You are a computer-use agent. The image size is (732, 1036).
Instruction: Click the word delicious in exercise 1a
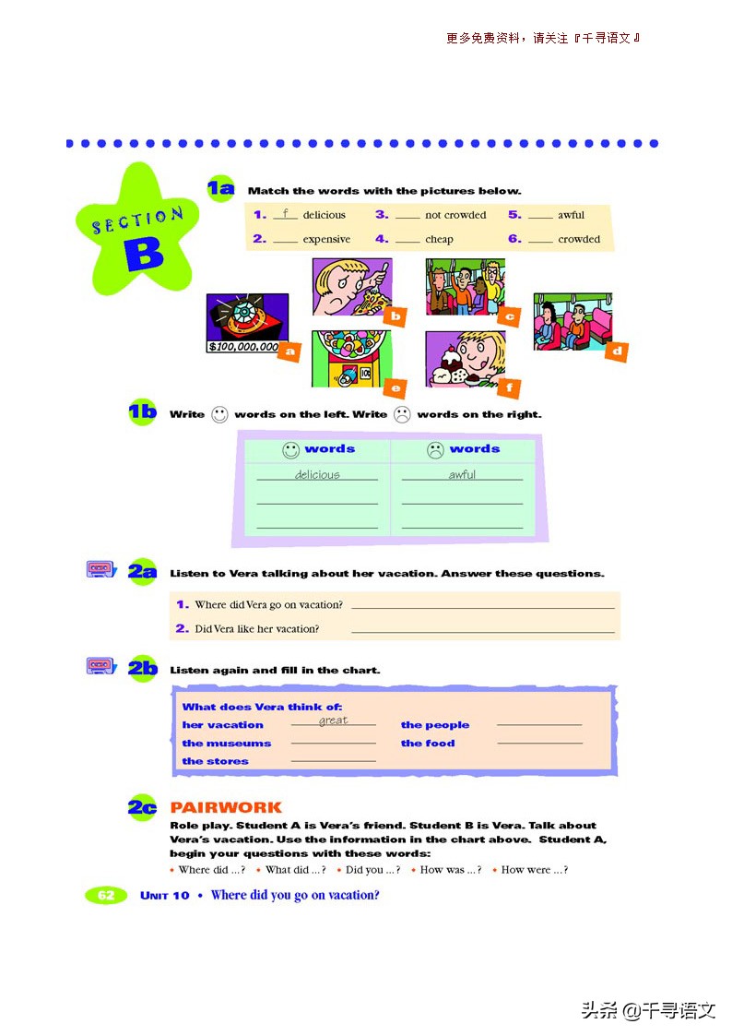324,215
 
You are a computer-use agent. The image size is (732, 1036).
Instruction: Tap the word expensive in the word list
326,239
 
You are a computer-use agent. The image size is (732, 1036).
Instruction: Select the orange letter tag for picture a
290,351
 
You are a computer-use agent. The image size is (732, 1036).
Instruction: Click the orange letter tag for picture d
617,351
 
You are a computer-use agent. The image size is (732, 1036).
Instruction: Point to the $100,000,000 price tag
242,348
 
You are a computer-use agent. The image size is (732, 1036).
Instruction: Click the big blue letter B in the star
144,255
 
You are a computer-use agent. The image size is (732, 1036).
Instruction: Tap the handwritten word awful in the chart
462,475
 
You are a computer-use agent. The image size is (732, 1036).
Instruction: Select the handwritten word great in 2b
333,720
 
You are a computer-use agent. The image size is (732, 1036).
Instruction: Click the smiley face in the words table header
290,450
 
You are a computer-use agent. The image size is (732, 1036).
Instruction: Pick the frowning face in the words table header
435,450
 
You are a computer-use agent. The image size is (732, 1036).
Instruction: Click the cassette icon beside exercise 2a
100,569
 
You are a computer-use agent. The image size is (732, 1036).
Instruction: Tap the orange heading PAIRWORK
226,807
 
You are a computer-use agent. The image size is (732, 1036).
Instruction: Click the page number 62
106,895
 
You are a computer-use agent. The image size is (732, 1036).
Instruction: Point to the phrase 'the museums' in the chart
227,744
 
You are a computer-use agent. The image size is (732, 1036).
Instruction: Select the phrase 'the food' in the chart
428,744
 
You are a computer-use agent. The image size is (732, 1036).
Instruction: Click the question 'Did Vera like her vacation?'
256,629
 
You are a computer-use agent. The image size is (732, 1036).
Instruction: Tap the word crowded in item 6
578,239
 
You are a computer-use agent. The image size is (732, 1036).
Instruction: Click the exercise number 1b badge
143,412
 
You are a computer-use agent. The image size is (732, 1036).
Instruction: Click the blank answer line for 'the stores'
333,761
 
